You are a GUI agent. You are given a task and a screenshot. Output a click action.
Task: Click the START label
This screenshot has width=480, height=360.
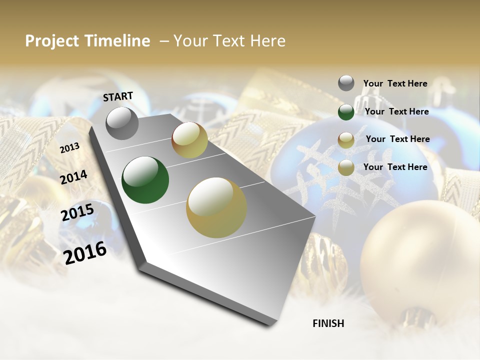[118, 96]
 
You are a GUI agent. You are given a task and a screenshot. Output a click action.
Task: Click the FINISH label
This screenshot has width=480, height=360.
[328, 323]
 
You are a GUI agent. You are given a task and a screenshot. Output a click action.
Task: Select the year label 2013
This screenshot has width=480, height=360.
[69, 147]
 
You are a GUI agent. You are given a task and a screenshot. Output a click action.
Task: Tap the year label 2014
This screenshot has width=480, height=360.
[73, 177]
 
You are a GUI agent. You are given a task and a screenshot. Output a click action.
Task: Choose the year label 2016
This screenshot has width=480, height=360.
[85, 253]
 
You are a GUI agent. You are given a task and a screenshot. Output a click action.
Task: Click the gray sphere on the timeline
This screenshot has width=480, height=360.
[122, 123]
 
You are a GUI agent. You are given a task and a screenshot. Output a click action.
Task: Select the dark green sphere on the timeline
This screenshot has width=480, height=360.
[145, 180]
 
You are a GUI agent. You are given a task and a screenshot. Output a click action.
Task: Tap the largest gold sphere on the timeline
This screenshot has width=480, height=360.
[216, 207]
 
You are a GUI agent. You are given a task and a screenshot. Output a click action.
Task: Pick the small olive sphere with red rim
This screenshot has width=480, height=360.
[189, 140]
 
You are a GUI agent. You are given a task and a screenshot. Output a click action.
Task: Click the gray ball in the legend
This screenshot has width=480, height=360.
[346, 83]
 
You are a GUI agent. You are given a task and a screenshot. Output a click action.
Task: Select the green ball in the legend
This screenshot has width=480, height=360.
[346, 112]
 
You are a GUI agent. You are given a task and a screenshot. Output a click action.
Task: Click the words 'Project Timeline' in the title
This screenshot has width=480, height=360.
[87, 41]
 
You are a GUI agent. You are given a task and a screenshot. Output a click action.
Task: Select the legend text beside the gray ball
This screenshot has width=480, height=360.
[395, 83]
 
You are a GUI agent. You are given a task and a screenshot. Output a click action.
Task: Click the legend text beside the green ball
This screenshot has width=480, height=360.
[396, 111]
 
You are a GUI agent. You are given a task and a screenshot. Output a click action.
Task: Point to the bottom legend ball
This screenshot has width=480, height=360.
[346, 168]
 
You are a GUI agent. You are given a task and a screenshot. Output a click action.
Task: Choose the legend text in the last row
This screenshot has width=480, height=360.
[395, 167]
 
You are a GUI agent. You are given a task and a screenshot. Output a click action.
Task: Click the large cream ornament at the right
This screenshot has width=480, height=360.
[420, 260]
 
